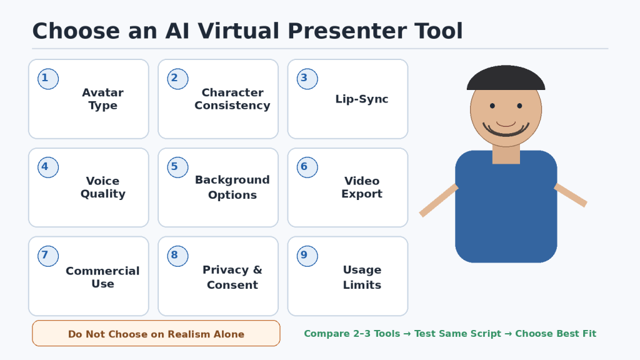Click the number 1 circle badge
tap(48, 79)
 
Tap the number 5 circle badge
tap(177, 167)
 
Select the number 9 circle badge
tap(307, 256)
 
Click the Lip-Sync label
tap(362, 99)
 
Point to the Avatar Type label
tap(103, 99)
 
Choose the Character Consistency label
tap(232, 99)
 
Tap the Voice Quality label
tap(103, 187)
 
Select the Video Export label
tap(362, 187)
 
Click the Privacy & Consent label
tap(232, 277)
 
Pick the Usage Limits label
tap(362, 277)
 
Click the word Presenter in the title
tap(347, 31)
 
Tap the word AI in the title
tap(177, 31)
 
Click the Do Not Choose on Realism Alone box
tap(156, 334)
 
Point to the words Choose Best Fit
tap(556, 334)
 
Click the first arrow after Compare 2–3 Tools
tap(407, 334)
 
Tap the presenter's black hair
tap(506, 78)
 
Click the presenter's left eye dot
tap(492, 106)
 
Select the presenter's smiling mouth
tap(506, 130)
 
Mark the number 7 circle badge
tap(48, 256)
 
